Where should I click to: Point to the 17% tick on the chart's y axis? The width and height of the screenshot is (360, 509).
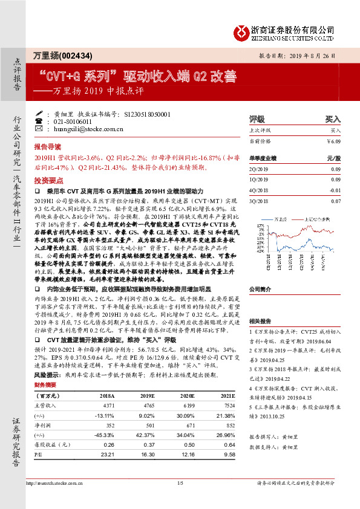click(260, 225)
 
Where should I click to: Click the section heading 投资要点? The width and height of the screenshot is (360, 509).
click(48, 181)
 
